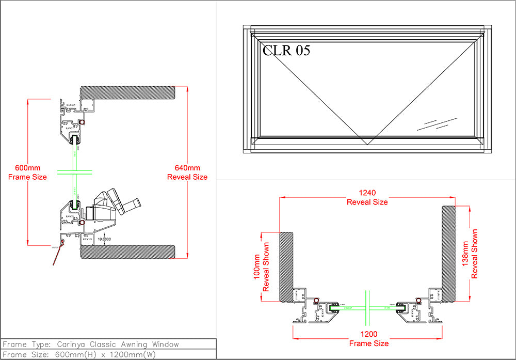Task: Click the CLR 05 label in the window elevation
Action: click(286, 51)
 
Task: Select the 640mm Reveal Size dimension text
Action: click(187, 173)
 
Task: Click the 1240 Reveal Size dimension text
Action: click(367, 198)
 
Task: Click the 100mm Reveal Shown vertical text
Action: click(261, 267)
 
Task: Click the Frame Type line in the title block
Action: click(91, 344)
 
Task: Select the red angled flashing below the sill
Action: click(57, 256)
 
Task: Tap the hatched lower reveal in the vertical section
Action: click(129, 252)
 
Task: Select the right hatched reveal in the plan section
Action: click(448, 253)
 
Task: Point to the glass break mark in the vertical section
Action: click(75, 172)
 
